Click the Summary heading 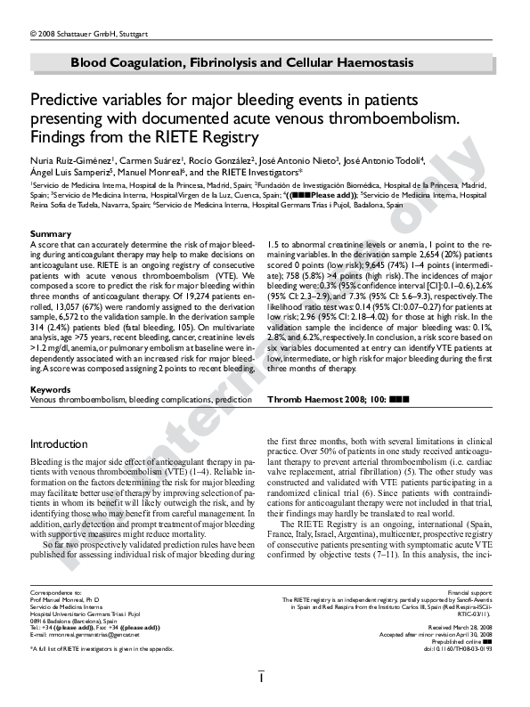[x=51, y=234]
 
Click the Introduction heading [x=59, y=443]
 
